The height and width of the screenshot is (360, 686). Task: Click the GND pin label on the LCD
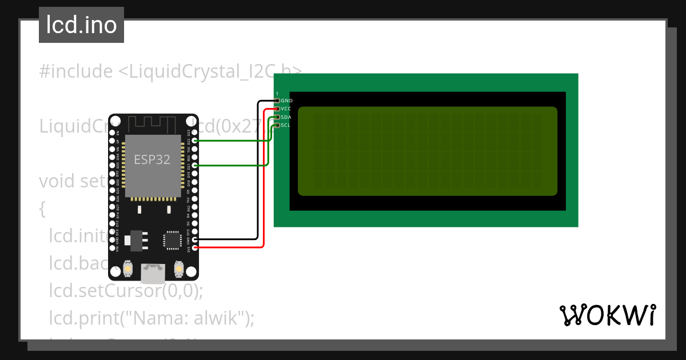coord(287,101)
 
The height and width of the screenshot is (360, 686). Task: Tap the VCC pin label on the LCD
coord(286,109)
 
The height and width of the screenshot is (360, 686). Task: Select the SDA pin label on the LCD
coord(286,117)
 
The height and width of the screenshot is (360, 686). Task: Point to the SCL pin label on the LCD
coord(286,125)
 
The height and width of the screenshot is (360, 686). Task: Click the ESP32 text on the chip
coord(152,160)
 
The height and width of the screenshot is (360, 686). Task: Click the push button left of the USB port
coord(128,269)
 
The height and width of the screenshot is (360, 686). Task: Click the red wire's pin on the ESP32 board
coord(196,247)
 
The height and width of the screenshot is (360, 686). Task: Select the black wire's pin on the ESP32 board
coord(196,239)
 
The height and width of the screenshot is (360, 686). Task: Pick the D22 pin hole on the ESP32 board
coord(196,140)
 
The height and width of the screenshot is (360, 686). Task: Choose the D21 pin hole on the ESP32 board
coord(196,165)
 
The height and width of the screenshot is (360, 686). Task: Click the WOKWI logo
coord(608,315)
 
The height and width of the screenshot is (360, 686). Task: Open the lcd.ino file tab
coord(81,25)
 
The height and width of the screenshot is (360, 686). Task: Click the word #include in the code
coord(76,71)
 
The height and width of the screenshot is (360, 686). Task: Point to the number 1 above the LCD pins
coord(277,94)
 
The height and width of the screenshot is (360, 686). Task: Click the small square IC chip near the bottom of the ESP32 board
coord(171,240)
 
